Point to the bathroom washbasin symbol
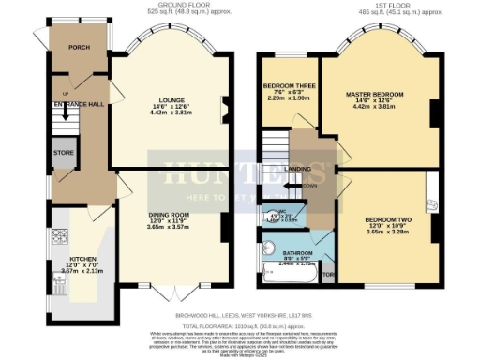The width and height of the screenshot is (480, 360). (271, 248)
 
